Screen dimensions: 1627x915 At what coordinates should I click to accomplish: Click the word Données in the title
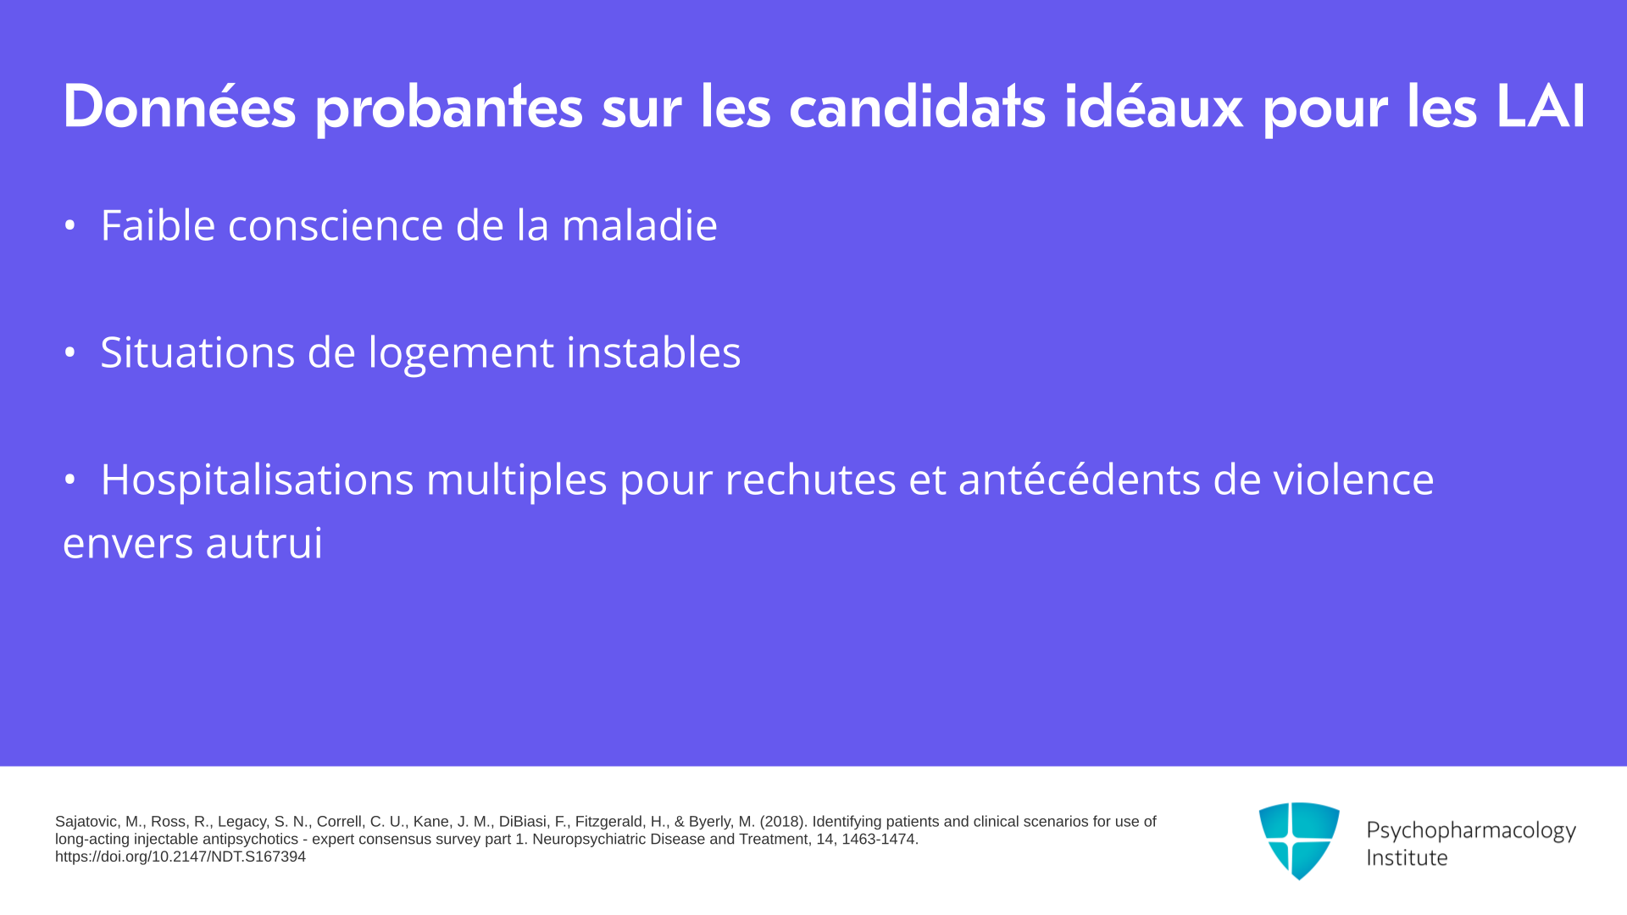click(180, 107)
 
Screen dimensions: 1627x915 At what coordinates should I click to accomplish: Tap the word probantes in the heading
click(449, 108)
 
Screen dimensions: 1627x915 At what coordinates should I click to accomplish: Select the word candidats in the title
click(917, 107)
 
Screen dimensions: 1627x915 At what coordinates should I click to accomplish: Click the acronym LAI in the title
click(1540, 107)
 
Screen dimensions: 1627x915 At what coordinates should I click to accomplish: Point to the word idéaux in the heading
click(1153, 107)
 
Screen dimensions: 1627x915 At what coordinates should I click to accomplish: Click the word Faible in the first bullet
click(158, 225)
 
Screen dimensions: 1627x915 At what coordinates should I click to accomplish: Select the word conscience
click(336, 226)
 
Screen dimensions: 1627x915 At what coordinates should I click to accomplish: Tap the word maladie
click(640, 225)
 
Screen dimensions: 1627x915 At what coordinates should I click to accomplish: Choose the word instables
click(653, 352)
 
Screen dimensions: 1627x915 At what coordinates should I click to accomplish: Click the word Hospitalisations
click(257, 480)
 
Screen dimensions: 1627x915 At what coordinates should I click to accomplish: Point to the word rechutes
click(810, 480)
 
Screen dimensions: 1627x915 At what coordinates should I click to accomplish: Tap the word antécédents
click(1079, 479)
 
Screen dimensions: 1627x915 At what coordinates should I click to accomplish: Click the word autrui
click(264, 543)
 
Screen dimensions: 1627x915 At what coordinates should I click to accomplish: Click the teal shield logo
click(1299, 840)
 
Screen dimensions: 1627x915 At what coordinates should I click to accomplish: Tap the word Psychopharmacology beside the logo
click(1471, 831)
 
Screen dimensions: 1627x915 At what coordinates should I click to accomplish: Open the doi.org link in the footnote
click(180, 857)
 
